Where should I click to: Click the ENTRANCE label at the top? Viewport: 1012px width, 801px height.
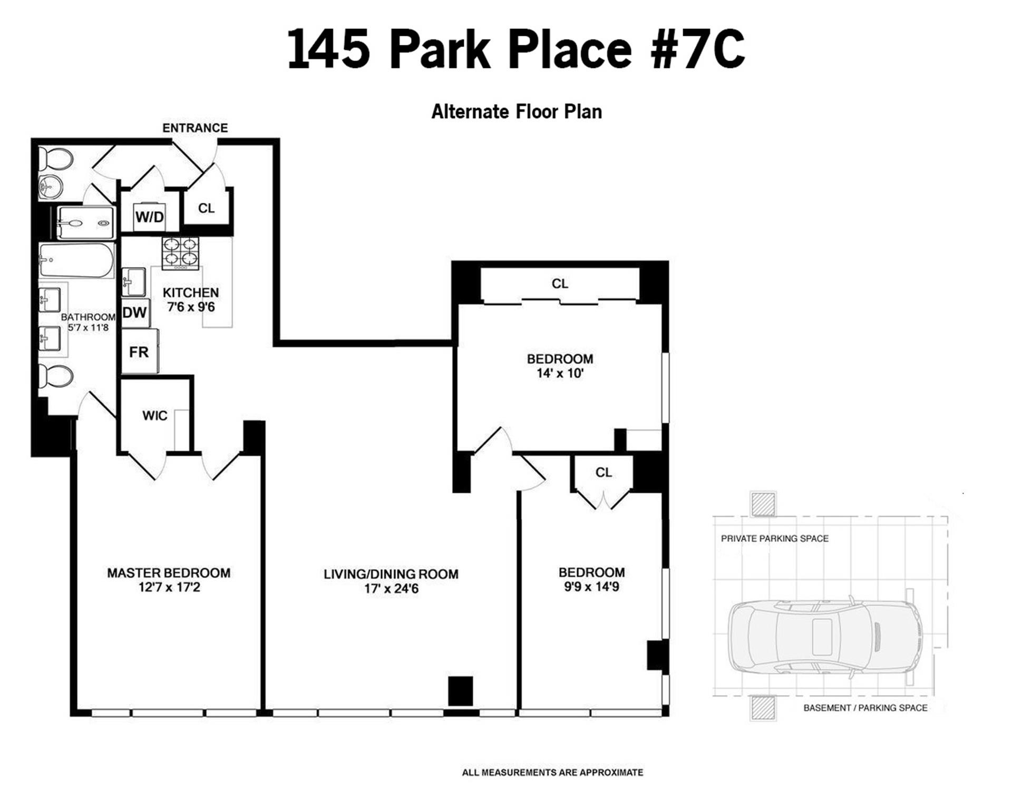point(195,128)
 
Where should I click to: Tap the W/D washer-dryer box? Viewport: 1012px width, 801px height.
point(150,217)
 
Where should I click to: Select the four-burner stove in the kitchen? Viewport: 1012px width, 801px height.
point(180,253)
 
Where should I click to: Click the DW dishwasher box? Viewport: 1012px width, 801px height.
point(135,312)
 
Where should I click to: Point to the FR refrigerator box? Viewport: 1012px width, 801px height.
point(139,351)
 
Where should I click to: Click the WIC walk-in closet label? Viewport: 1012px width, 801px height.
point(155,416)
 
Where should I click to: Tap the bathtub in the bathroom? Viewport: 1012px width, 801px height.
point(77,260)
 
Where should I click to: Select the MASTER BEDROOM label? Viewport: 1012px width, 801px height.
point(169,573)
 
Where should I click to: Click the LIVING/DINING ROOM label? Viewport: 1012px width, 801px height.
point(391,574)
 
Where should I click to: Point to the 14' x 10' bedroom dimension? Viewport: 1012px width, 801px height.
point(560,373)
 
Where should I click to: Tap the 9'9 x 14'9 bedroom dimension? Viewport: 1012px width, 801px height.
point(591,587)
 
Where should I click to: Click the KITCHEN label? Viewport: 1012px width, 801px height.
point(191,292)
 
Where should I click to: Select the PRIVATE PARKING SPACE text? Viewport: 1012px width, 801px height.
point(775,539)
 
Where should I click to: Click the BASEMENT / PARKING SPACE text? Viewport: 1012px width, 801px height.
point(865,708)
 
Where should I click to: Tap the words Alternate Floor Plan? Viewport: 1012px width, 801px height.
point(517,112)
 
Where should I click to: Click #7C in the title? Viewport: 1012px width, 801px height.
point(698,49)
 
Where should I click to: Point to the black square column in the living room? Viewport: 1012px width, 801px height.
point(461,691)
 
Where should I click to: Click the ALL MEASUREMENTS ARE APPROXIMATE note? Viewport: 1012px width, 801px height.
point(552,773)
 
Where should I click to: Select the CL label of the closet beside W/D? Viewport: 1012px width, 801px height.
point(207,208)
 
